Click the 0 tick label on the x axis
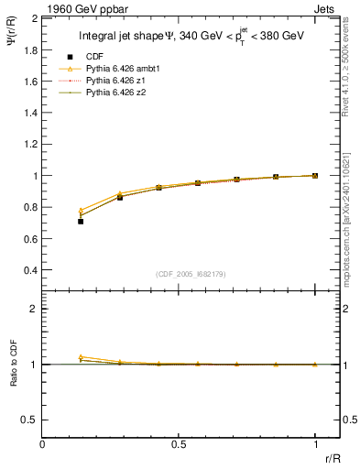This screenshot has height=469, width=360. [43, 443]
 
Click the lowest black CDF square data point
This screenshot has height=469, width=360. [81, 221]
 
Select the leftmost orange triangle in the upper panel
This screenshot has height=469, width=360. [81, 210]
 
